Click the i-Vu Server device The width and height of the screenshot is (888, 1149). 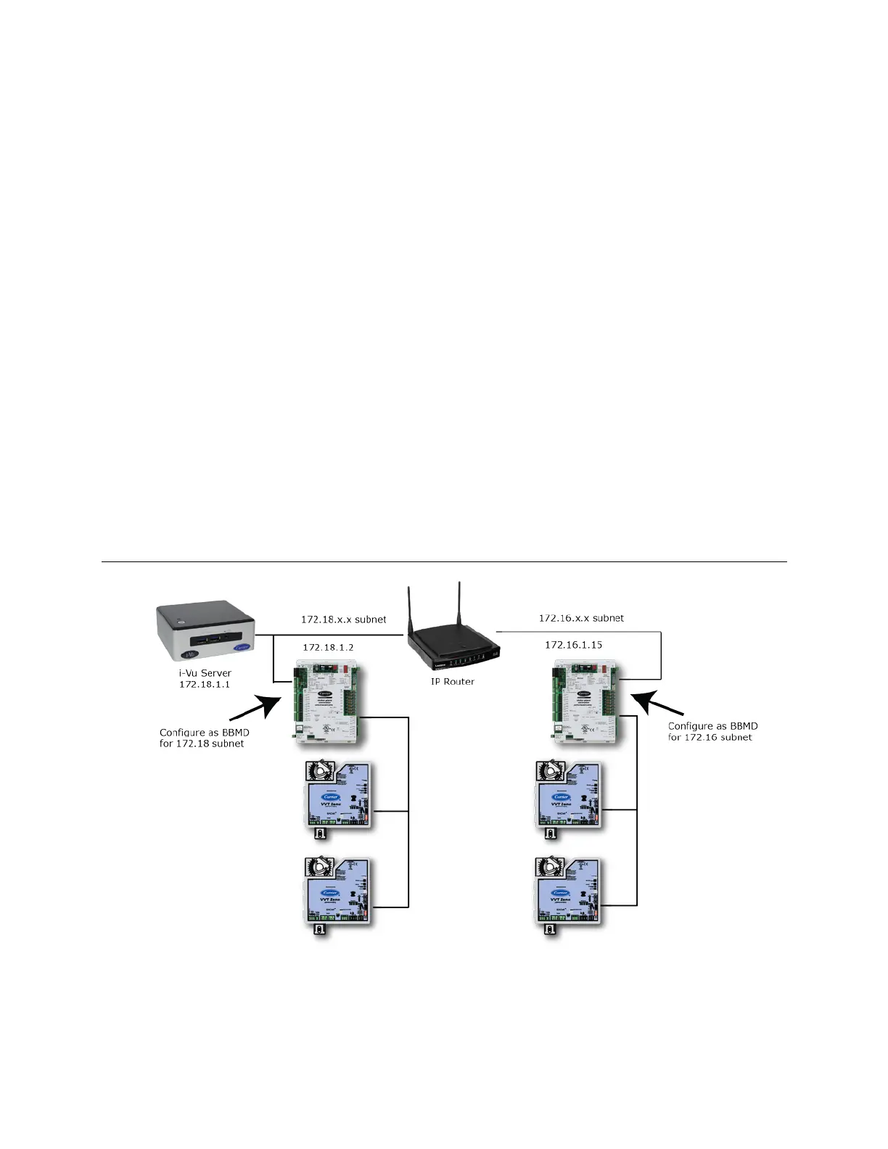point(206,634)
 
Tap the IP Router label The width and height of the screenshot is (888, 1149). point(453,681)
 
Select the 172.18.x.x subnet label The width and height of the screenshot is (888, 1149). point(344,620)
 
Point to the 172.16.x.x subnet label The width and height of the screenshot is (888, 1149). point(581,618)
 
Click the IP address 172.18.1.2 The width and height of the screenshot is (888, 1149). point(329,646)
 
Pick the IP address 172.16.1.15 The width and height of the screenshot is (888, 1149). point(574,644)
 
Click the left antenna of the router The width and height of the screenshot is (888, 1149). point(411,610)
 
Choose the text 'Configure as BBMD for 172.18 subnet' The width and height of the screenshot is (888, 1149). point(204,738)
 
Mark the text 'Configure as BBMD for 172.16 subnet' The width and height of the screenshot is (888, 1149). point(712,731)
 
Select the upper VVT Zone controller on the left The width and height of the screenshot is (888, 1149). point(338,795)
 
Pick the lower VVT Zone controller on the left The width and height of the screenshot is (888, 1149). point(338,891)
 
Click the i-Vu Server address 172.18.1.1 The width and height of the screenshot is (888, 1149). point(205,684)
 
